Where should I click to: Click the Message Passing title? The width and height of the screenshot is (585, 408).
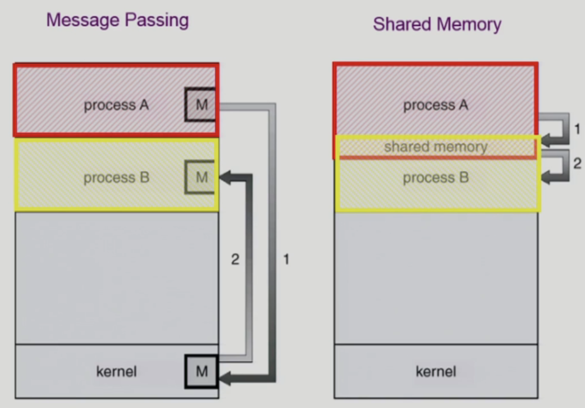click(117, 20)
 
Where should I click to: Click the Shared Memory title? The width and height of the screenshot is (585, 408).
click(437, 24)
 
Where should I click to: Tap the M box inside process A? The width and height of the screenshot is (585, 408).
click(201, 105)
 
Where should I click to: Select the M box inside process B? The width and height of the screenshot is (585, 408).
click(201, 177)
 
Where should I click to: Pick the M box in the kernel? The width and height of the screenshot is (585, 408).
click(201, 371)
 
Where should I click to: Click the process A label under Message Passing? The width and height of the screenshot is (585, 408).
click(116, 105)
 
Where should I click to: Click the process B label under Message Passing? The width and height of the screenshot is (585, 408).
click(116, 178)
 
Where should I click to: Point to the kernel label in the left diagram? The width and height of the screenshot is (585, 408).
click(116, 372)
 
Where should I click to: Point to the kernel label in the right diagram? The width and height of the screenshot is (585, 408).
click(436, 372)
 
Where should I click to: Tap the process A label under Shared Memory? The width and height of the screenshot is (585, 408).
click(436, 105)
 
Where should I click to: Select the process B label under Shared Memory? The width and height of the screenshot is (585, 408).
click(436, 178)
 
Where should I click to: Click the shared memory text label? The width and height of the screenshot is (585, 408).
click(436, 147)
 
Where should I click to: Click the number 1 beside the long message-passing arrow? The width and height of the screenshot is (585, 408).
click(286, 259)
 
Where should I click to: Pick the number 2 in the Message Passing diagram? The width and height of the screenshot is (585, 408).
click(235, 259)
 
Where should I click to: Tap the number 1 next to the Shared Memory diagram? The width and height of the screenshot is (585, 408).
click(577, 129)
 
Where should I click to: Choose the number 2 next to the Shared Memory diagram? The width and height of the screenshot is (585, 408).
click(577, 163)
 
